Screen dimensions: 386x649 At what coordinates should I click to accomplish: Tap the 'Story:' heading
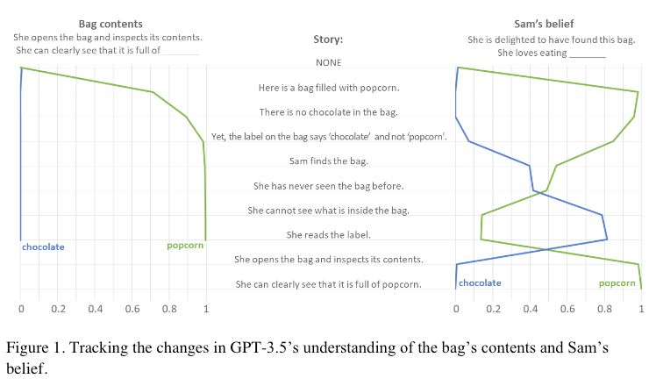click(328, 39)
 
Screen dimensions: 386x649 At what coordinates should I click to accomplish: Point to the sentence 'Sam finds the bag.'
click(328, 161)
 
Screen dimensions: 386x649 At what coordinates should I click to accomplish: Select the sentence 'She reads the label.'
click(328, 235)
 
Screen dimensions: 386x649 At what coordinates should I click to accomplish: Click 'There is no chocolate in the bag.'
click(328, 112)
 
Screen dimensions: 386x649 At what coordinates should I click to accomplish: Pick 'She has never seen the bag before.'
click(328, 186)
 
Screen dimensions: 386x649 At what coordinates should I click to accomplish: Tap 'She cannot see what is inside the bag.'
click(328, 211)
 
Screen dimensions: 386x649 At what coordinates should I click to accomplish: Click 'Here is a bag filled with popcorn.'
click(328, 88)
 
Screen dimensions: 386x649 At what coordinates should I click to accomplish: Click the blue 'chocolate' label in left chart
click(43, 247)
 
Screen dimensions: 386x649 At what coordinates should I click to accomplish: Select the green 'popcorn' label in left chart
click(185, 246)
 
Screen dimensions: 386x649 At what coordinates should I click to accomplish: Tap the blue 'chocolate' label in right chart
click(480, 283)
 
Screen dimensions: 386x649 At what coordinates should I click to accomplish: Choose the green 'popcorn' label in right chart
click(617, 283)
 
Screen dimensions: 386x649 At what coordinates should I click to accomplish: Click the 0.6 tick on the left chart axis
click(132, 310)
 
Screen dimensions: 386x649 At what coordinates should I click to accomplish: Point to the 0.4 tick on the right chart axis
click(530, 310)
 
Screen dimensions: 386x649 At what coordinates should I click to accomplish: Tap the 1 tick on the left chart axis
click(206, 310)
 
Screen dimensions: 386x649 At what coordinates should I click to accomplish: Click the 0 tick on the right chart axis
click(456, 310)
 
